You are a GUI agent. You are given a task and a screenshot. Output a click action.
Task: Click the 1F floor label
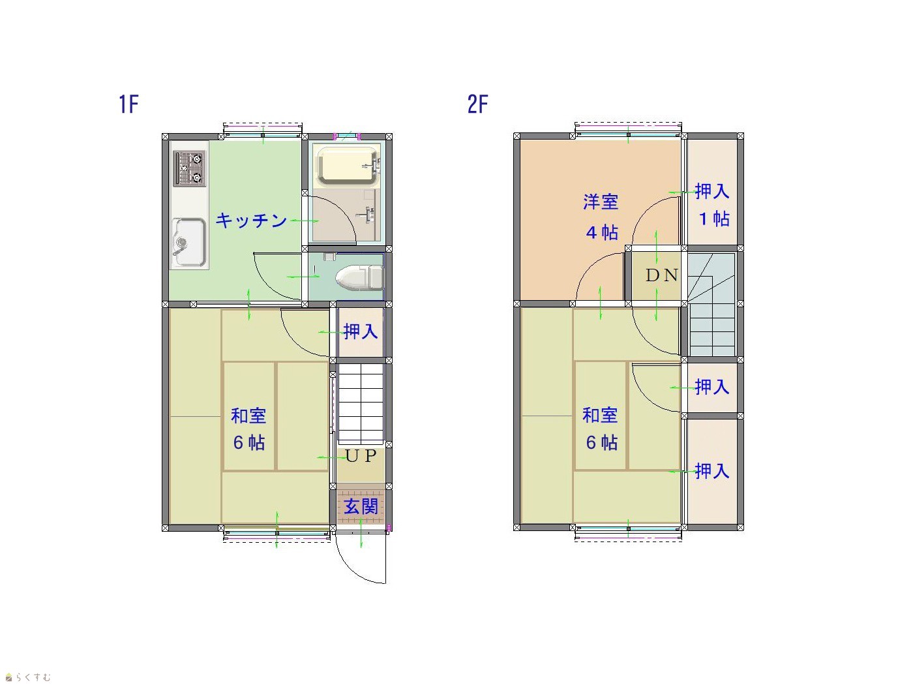coord(128,104)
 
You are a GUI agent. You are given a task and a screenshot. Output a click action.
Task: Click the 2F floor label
coord(477,104)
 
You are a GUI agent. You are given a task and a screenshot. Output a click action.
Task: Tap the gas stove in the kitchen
coord(189,168)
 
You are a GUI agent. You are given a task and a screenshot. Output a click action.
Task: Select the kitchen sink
coord(190,242)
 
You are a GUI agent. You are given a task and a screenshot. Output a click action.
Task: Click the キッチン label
coord(251,221)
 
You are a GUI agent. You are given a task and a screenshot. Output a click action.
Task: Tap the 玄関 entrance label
coord(361,507)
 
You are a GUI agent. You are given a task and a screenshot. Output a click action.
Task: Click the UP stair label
coord(361,456)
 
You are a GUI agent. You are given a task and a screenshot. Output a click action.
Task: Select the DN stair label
coord(661,275)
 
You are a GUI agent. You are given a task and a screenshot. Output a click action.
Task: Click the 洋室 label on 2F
coord(600,202)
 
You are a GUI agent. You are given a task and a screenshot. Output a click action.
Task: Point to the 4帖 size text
coord(602,232)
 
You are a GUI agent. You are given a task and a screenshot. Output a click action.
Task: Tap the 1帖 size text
coord(714,219)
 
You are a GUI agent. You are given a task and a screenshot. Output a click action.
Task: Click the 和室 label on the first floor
coord(248,416)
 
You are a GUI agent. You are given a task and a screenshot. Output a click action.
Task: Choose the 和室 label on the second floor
coord(600,416)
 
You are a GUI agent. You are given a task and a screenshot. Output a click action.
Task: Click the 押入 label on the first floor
coord(361,331)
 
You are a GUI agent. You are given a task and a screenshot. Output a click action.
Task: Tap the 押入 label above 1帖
coord(712,191)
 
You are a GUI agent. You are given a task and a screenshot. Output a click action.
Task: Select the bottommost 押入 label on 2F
coord(712,471)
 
